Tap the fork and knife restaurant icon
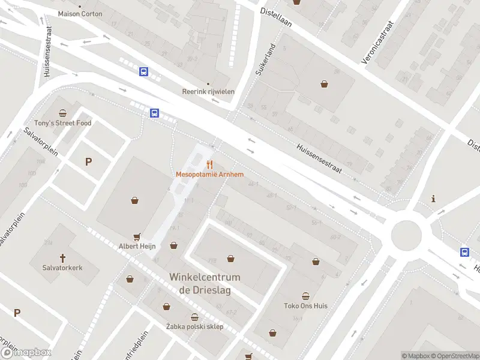click(x=209, y=164)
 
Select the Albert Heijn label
click(x=137, y=246)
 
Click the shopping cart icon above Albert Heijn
click(x=137, y=237)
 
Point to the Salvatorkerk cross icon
click(x=62, y=258)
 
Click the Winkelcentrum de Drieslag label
click(x=205, y=283)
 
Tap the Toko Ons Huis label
click(x=306, y=305)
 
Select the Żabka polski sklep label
click(x=194, y=326)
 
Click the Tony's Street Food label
click(x=63, y=123)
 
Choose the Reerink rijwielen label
click(x=208, y=92)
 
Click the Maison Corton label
click(x=80, y=13)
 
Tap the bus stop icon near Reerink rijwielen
click(x=144, y=72)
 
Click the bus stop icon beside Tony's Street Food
click(x=154, y=112)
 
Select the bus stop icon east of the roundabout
click(x=465, y=252)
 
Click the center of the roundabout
click(x=406, y=235)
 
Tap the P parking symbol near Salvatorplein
click(x=89, y=161)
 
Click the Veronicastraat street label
click(x=380, y=44)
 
